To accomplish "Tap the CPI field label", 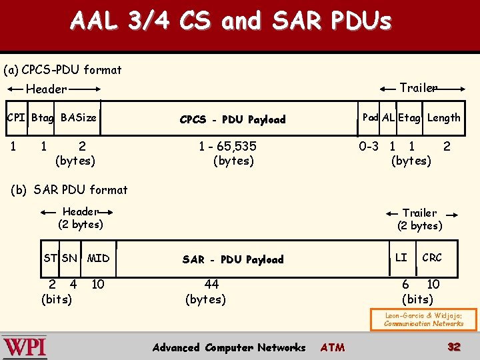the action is pyautogui.click(x=15, y=118).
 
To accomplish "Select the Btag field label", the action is pyautogui.click(x=43, y=118).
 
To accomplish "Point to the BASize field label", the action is pyautogui.click(x=78, y=118).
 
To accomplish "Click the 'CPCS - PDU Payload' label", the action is pyautogui.click(x=233, y=120).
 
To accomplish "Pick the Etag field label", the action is pyautogui.click(x=409, y=118).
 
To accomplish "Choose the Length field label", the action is pyautogui.click(x=443, y=118).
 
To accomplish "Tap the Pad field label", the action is pyautogui.click(x=370, y=117).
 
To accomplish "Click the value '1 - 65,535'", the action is pyautogui.click(x=227, y=146).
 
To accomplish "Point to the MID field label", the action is pyautogui.click(x=98, y=258).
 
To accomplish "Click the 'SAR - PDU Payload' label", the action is pyautogui.click(x=233, y=259).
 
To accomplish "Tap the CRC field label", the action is pyautogui.click(x=431, y=257).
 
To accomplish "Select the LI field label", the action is pyautogui.click(x=401, y=257).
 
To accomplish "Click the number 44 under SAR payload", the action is pyautogui.click(x=211, y=285).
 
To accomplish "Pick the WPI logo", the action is pyautogui.click(x=25, y=347).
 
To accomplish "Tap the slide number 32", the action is pyautogui.click(x=454, y=347).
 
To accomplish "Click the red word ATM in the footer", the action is pyautogui.click(x=333, y=347).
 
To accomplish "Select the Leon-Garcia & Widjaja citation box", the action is pyautogui.click(x=423, y=320).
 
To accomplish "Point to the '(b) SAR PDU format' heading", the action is pyautogui.click(x=69, y=190).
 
